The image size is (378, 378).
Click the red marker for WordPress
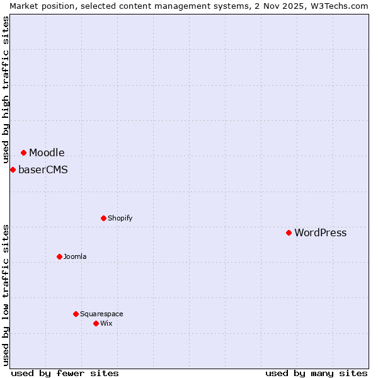coord(289,232)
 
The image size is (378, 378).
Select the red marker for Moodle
coord(23,152)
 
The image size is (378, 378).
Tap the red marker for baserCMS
coord(13,169)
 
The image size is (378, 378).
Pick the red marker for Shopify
coord(103,218)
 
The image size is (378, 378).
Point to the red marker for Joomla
coord(59,256)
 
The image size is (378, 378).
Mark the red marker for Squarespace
coord(76,314)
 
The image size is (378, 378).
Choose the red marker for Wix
coord(96,323)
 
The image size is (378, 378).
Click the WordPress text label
coord(320,232)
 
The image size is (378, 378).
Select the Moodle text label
coord(47,152)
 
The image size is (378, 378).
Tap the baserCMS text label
coord(43,169)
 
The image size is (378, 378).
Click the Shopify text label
coord(120,218)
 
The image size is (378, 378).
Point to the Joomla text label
coord(75,256)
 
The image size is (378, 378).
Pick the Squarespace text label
coord(101,314)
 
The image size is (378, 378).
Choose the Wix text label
coord(106,323)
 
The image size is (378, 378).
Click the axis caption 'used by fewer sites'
coord(65,373)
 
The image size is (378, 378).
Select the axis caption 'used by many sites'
coord(316,373)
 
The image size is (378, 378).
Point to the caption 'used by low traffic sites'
coord(6,294)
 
